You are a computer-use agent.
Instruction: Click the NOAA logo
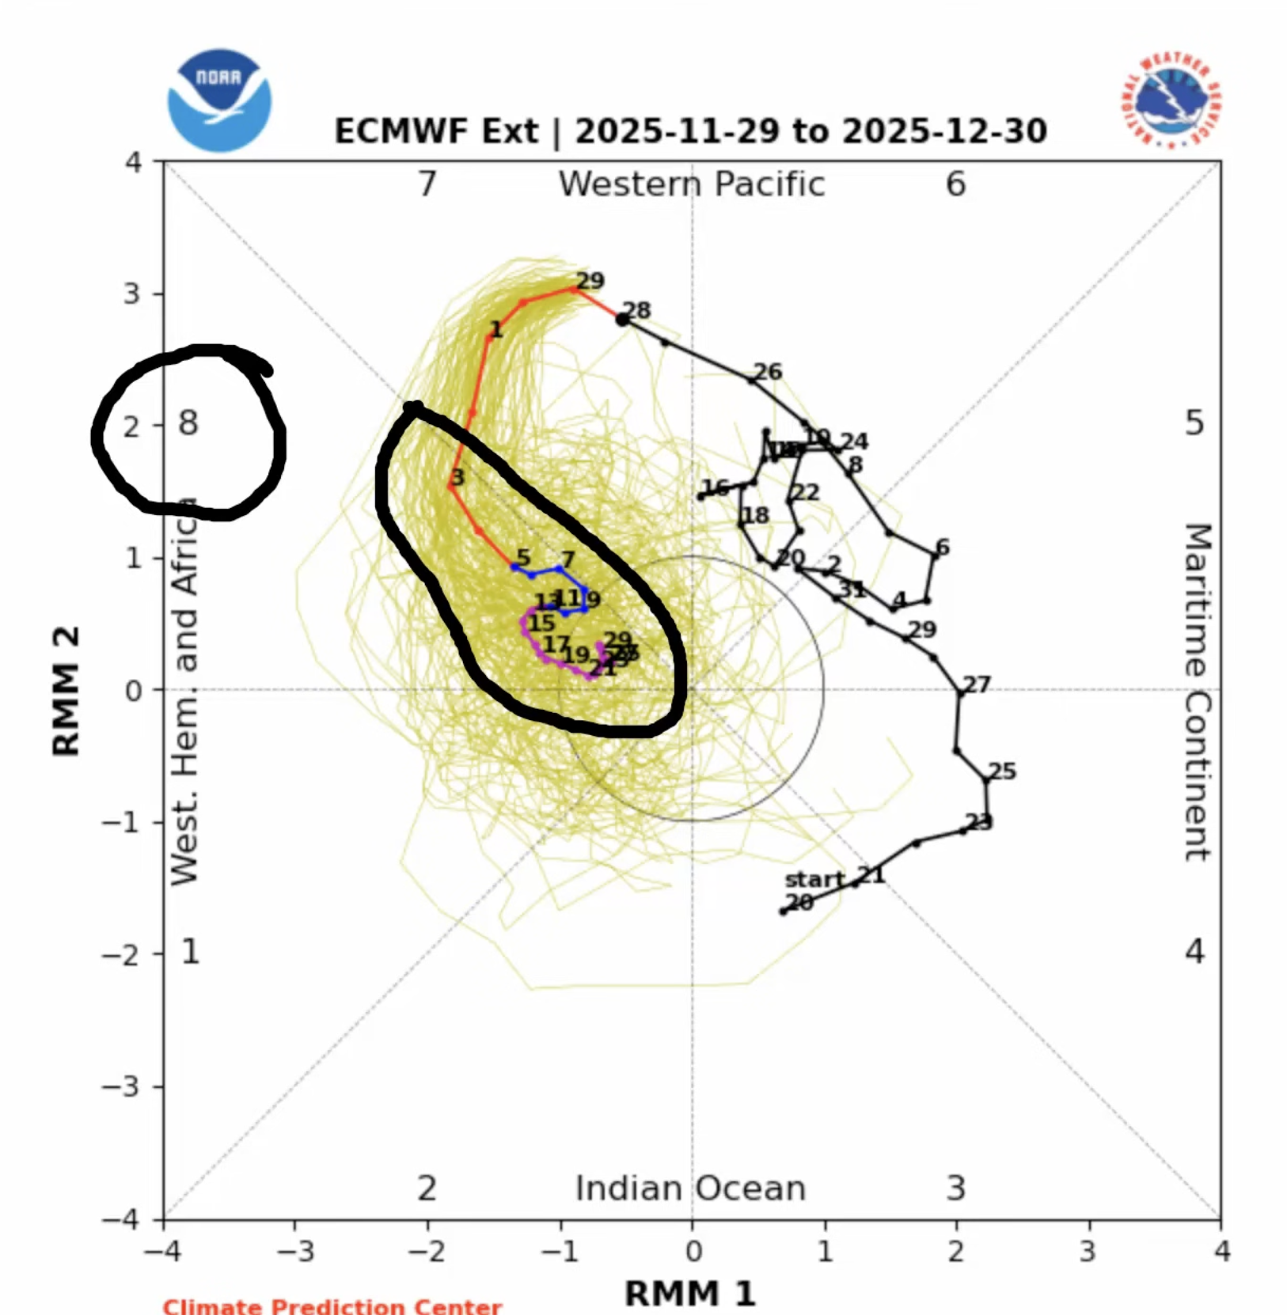(219, 100)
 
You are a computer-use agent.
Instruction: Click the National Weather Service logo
(1170, 101)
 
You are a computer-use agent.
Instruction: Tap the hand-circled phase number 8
(188, 424)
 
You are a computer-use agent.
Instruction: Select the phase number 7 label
(427, 184)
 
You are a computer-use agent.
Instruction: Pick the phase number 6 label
(956, 184)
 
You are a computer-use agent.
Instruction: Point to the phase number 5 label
(1194, 424)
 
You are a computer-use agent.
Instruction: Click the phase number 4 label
(1194, 951)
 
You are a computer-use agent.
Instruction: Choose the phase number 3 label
(956, 1188)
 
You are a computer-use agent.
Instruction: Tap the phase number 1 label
(190, 951)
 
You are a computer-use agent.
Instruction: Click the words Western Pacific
(692, 184)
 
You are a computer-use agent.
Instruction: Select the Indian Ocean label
(690, 1188)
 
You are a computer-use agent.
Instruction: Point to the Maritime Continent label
(1197, 692)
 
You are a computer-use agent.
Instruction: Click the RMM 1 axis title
(690, 1294)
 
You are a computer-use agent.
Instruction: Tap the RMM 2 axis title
(66, 692)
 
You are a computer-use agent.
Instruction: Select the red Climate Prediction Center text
(332, 1306)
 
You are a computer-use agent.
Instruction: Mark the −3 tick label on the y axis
(121, 1086)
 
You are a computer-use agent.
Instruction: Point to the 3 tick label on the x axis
(1088, 1252)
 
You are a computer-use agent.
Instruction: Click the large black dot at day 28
(623, 320)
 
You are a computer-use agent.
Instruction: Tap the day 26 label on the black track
(767, 372)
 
